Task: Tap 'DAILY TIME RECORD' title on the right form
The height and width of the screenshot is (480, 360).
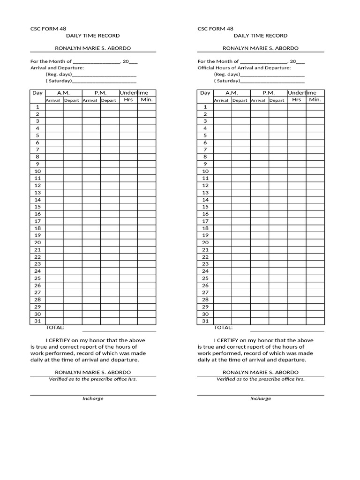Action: [x=260, y=36]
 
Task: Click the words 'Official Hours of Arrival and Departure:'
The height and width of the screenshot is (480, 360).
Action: [x=244, y=68]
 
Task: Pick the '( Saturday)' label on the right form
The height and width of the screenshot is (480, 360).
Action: [x=226, y=81]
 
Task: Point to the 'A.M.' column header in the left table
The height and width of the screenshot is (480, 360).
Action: [x=63, y=93]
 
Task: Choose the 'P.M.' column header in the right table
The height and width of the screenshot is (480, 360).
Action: [x=268, y=93]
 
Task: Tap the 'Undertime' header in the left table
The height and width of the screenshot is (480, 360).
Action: [x=134, y=93]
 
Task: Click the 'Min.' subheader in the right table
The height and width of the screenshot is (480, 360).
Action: [x=315, y=100]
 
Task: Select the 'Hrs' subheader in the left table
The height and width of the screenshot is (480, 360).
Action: [x=128, y=100]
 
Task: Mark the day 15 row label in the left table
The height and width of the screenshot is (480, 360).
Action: [x=37, y=207]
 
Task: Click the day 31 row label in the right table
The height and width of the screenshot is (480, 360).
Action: [x=205, y=321]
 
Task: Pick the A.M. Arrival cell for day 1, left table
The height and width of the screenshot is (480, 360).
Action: [x=54, y=107]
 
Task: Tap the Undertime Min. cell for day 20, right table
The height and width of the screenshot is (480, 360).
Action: [x=315, y=242]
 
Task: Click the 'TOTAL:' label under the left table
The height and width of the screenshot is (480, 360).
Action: [x=55, y=328]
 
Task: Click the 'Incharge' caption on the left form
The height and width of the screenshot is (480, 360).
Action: [x=93, y=398]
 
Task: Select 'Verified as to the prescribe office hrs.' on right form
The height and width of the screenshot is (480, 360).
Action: [x=260, y=379]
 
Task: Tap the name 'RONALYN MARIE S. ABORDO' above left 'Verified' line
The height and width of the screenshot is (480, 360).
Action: [x=93, y=372]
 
